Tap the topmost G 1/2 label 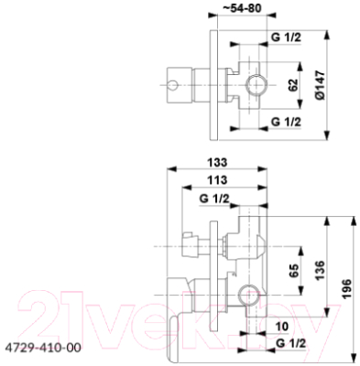(x=288, y=39)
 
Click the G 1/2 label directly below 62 (x=288, y=122)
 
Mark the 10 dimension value (x=278, y=325)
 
